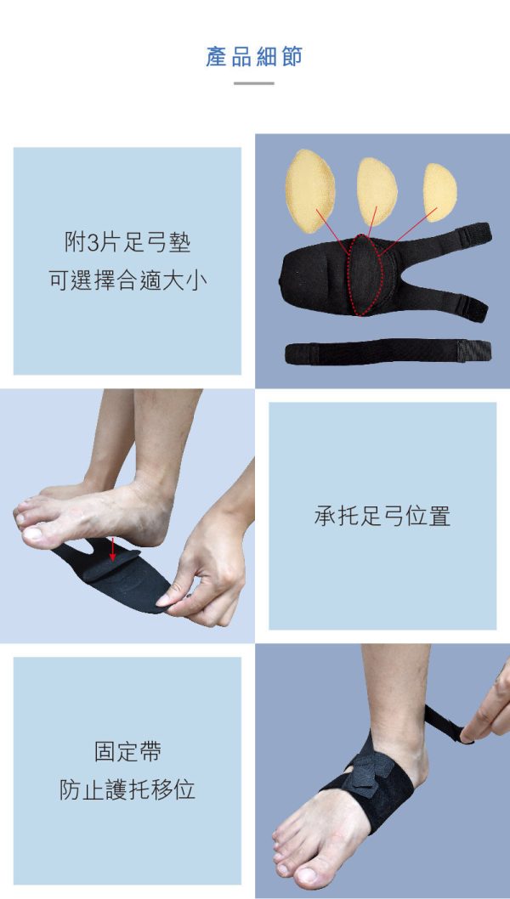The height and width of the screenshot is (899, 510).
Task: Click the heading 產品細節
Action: tap(254, 57)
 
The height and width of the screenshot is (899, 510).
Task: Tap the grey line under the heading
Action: tap(253, 84)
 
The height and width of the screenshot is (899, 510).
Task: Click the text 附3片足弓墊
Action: tap(127, 243)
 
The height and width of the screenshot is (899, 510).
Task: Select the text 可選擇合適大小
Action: tap(127, 280)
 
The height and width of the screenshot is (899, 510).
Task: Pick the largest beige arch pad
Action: tap(309, 191)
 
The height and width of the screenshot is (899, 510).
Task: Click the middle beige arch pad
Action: tap(377, 191)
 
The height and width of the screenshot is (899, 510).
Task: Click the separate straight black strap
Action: tap(388, 351)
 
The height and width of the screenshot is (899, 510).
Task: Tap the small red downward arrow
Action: tap(113, 549)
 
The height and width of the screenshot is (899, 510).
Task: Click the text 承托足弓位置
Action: tap(382, 517)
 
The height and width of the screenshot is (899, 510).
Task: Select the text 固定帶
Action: tap(127, 752)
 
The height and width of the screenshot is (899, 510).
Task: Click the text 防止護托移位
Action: tap(127, 789)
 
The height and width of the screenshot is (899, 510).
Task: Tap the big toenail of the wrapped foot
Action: tap(307, 875)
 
